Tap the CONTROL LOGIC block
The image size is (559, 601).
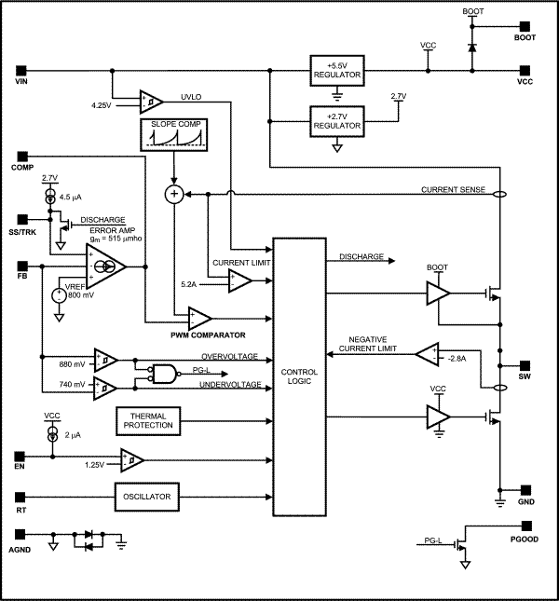click(x=298, y=376)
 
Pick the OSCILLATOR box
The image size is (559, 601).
click(x=147, y=498)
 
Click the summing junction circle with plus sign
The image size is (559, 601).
click(x=173, y=194)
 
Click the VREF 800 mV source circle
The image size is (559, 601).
click(x=59, y=295)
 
